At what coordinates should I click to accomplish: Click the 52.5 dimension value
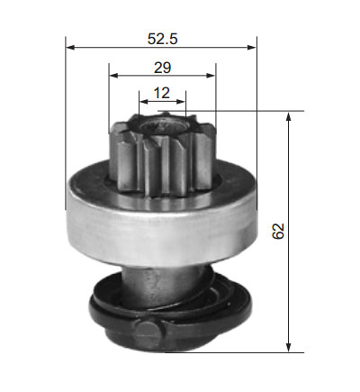tap(163, 39)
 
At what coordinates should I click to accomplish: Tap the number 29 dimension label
tap(162, 68)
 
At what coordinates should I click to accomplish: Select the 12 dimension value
tap(162, 93)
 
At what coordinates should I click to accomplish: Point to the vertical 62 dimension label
tap(278, 231)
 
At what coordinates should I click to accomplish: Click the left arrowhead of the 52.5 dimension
tap(70, 47)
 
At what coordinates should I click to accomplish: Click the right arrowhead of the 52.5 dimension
tap(252, 47)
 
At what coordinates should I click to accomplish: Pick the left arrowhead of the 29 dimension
tap(113, 75)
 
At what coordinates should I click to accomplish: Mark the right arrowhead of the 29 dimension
tap(211, 75)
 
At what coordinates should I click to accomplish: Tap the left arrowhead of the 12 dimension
tap(144, 102)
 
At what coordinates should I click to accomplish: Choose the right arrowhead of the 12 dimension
tap(181, 102)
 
